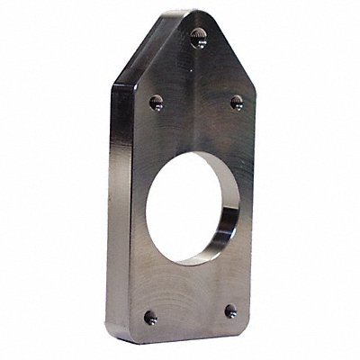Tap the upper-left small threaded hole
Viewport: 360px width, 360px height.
tap(157, 105)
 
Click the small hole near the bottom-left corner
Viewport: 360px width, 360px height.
tap(148, 316)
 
